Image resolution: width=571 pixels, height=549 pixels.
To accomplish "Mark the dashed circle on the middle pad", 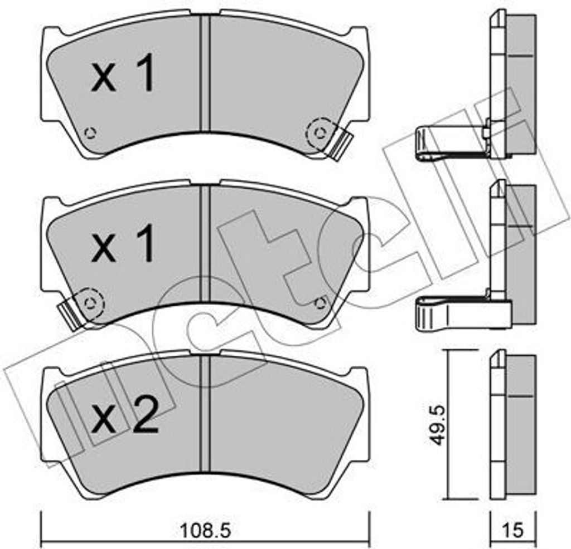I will (x=89, y=302).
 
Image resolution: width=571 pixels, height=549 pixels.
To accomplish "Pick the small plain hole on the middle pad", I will (x=320, y=302).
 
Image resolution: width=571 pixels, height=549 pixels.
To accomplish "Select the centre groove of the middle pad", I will (x=205, y=245).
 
